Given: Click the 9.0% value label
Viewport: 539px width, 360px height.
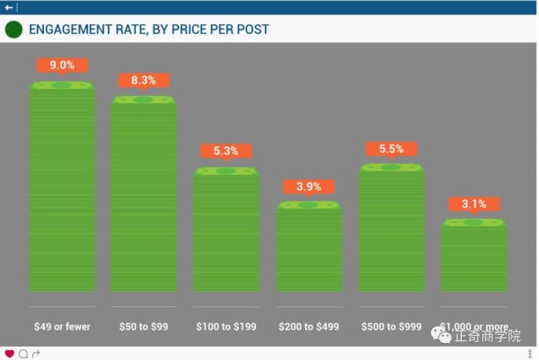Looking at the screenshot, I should tap(62, 66).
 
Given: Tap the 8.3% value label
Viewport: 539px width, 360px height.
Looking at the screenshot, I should tap(144, 81).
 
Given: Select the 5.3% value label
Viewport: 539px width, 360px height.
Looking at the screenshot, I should tap(226, 152).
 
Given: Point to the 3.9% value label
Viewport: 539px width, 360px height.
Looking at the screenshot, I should tap(308, 187).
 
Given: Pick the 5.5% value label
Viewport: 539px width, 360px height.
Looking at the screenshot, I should tap(391, 149).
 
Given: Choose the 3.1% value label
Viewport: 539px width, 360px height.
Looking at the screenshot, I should tap(473, 205).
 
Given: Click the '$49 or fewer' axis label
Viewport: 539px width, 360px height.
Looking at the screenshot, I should tap(62, 326).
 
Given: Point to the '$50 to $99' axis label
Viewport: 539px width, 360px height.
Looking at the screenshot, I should tap(144, 326).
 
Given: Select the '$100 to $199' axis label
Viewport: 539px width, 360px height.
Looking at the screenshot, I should tap(226, 326).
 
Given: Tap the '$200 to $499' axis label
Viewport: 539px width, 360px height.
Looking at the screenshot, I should tap(308, 326).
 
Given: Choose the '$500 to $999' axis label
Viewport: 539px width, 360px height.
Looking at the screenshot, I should tap(391, 326).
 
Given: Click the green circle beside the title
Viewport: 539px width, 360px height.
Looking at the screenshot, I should tap(13, 30).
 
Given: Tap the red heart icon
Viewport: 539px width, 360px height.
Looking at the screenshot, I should tap(9, 354).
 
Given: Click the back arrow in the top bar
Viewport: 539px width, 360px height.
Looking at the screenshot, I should tap(9, 6).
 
